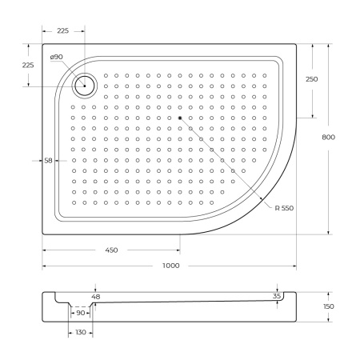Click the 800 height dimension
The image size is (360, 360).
click(x=328, y=138)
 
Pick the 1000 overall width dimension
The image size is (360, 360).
click(x=170, y=265)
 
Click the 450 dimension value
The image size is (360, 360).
click(x=111, y=250)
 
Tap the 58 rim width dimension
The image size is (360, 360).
click(x=48, y=161)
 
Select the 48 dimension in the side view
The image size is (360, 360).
click(x=97, y=297)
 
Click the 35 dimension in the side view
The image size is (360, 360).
click(x=278, y=296)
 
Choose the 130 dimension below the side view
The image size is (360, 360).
click(x=80, y=332)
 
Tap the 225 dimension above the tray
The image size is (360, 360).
click(x=63, y=30)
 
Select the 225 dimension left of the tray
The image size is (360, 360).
click(x=27, y=66)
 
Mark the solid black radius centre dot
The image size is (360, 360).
click(x=180, y=118)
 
